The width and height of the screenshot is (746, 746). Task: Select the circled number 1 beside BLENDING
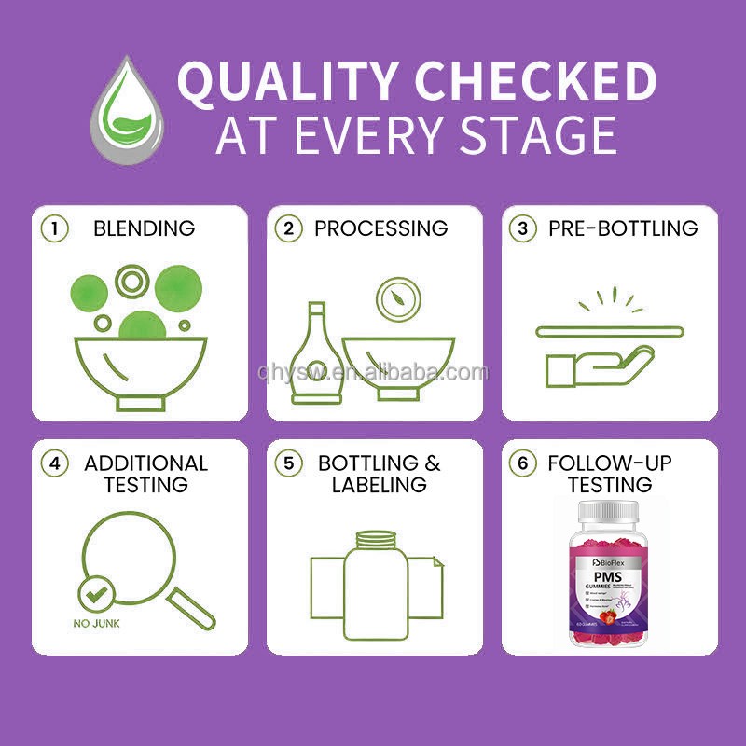[55, 228]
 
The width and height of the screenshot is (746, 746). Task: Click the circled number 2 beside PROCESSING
[290, 228]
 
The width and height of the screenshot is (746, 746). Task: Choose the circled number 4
[55, 463]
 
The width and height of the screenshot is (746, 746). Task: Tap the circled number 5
[290, 463]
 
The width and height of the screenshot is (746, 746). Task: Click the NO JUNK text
[95, 622]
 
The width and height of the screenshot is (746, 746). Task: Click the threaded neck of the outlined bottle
[376, 538]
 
